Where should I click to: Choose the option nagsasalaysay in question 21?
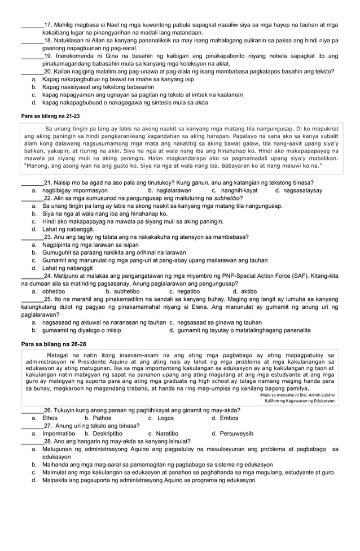pos(302,191)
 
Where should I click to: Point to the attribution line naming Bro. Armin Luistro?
pos(296,395)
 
